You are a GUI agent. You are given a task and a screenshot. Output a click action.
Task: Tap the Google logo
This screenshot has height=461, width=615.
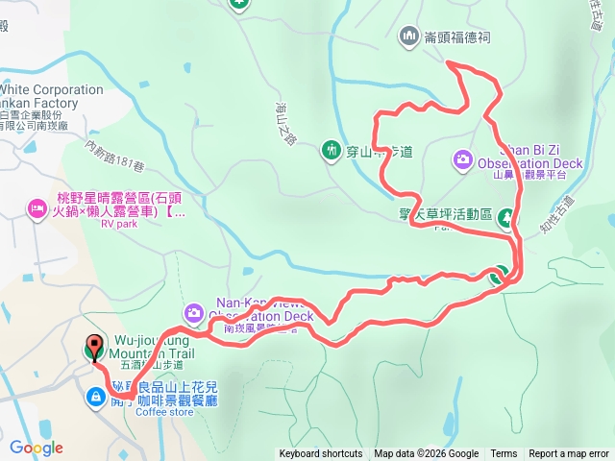point(36,448)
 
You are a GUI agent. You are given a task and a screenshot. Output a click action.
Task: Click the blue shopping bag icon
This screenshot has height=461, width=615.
point(96,396)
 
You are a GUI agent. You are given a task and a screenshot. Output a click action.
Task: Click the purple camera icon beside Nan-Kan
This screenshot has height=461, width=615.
point(194,312)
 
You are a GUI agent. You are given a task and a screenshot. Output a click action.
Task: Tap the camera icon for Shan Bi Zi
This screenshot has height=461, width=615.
point(462,158)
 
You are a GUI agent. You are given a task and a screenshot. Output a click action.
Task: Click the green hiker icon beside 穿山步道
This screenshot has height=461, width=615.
point(332,150)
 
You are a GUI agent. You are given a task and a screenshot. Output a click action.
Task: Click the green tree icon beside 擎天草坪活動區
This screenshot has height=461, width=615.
point(506,220)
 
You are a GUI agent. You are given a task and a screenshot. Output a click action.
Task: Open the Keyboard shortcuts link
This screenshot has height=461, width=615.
point(321,454)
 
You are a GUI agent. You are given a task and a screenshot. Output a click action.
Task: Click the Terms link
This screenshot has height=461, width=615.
point(504,454)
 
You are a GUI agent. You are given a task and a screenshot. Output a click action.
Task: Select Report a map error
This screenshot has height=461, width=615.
point(569,454)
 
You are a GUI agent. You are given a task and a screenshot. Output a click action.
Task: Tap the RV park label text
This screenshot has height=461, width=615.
point(120,226)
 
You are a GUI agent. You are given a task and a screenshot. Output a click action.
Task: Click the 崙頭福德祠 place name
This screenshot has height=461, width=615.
point(458,37)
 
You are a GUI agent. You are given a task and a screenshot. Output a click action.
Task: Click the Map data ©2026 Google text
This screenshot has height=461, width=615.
point(426,454)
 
